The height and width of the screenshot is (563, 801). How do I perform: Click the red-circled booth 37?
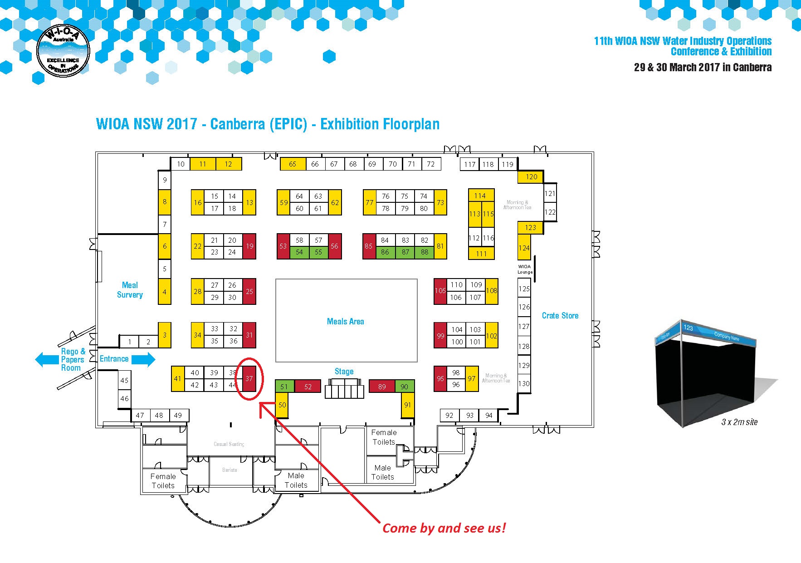[x=249, y=378]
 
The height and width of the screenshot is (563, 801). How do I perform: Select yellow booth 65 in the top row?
[x=293, y=164]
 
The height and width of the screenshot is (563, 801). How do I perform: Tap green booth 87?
[x=405, y=252]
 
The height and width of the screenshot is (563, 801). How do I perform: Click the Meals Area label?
[x=346, y=321]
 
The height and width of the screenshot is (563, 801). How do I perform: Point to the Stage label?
[x=344, y=371]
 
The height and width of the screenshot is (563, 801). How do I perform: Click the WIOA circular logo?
[x=63, y=50]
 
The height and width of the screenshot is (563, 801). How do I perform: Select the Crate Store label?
[x=560, y=315]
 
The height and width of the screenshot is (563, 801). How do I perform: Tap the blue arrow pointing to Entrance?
[x=143, y=359]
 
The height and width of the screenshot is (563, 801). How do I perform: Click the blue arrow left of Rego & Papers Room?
[x=47, y=359]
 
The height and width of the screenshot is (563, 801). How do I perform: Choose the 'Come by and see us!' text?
[x=444, y=528]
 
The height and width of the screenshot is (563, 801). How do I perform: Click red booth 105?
[x=440, y=290]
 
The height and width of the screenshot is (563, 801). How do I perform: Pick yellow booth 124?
[x=524, y=248]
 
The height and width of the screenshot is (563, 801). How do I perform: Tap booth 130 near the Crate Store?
[x=524, y=383]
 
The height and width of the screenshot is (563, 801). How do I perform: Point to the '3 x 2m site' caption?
[x=739, y=422]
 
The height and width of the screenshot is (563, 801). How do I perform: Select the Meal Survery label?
[x=130, y=290]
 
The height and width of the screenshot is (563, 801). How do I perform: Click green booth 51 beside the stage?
[x=284, y=387]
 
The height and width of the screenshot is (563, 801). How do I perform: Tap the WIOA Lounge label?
[x=525, y=269]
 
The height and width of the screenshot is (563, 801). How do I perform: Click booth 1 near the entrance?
[x=130, y=342]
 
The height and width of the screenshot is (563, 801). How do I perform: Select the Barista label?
[x=230, y=470]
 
